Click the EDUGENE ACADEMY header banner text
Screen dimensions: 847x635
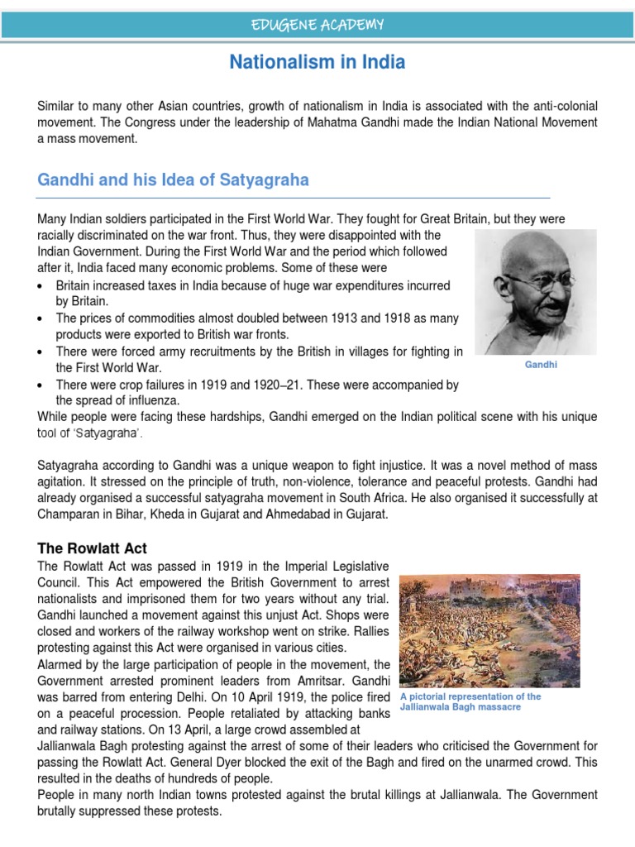click(317, 25)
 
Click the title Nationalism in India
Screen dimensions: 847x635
click(317, 62)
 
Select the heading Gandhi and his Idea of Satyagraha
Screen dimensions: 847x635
click(174, 179)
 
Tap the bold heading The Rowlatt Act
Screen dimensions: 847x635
click(92, 548)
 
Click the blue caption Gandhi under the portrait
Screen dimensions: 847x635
click(542, 364)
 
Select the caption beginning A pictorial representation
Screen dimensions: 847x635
click(470, 701)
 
